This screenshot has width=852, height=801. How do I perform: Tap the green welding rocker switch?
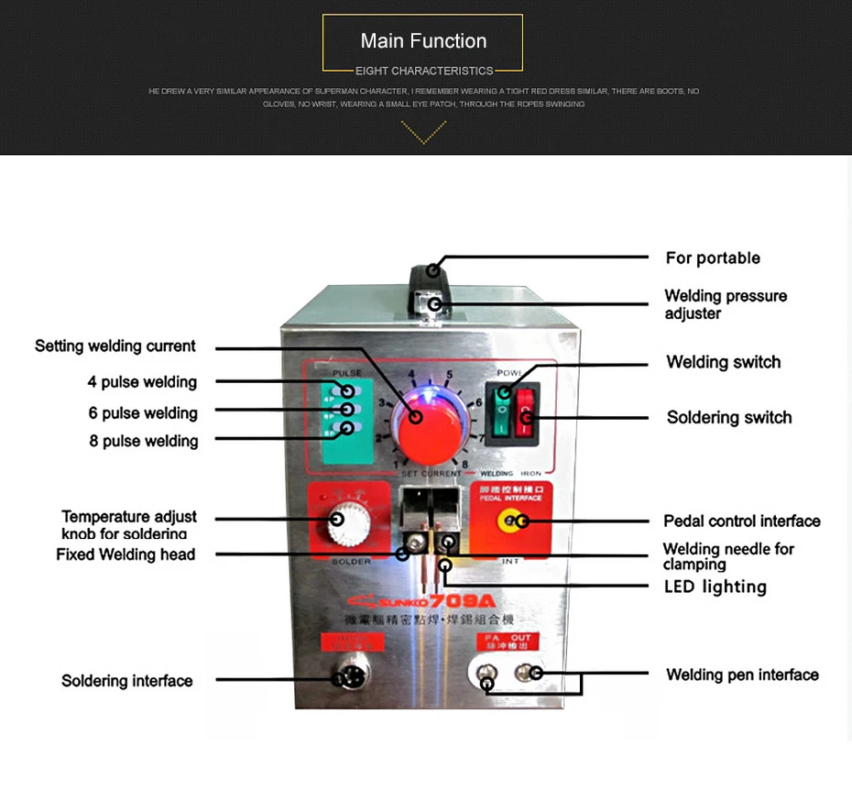pos(501,411)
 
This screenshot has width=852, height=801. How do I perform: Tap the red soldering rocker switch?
pos(525,411)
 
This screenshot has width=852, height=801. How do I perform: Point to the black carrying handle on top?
pos(429,274)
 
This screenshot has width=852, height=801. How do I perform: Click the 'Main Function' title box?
pos(423,42)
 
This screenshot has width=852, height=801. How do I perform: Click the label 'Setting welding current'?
pos(115,346)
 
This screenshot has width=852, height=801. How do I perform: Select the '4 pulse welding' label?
pos(142,382)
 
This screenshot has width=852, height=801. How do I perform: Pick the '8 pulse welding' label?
pos(144,441)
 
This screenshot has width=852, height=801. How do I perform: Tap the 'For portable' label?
pos(713,258)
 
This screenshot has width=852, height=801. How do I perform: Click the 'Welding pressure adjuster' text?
pos(726,304)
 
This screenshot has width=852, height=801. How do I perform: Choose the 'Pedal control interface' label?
pos(742,521)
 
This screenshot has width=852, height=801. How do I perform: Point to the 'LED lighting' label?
pos(715,587)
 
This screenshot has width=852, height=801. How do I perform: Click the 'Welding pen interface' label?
pos(742,675)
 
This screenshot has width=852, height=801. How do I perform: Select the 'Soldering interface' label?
pos(127,681)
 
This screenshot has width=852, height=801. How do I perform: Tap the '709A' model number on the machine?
pos(463,600)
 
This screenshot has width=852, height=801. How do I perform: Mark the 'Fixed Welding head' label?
pos(126,554)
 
